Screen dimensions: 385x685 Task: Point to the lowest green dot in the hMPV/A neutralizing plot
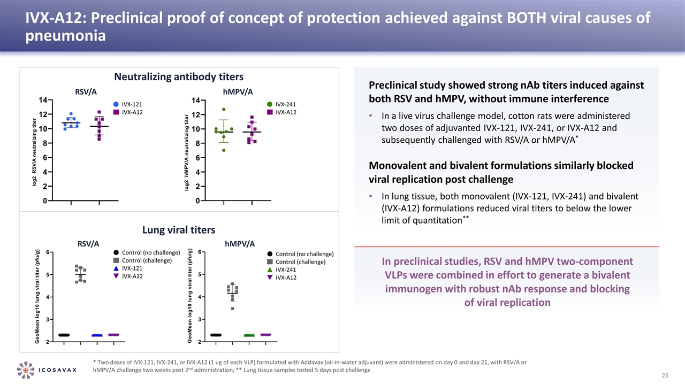click(x=224, y=150)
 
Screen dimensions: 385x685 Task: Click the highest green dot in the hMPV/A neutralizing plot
click(x=224, y=110)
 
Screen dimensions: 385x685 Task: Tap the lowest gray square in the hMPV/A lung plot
click(x=232, y=308)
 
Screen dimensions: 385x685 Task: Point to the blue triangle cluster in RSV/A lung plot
click(x=97, y=335)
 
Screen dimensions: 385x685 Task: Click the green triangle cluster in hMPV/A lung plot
click(x=249, y=335)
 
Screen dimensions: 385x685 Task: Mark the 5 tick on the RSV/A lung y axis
click(x=48, y=274)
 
